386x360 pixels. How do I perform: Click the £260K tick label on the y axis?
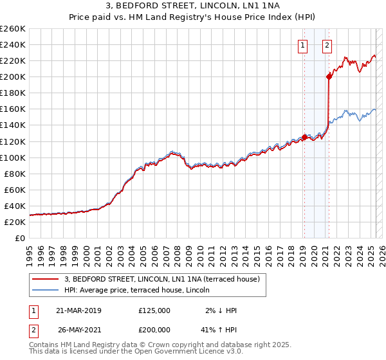pos(13,29)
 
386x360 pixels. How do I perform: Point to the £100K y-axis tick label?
pos(13,157)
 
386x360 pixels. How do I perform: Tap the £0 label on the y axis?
pos(20,238)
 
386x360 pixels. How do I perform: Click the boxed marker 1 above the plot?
pos(302,45)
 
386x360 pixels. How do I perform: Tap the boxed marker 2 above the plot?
pos(327,45)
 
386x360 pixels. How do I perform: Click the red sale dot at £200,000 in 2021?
pos(329,76)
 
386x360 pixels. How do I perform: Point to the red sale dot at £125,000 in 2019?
pos(304,137)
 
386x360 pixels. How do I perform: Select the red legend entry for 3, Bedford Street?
pos(161,279)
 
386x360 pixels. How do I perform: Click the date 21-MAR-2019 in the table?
pos(78,310)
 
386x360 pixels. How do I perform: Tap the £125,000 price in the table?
pos(154,310)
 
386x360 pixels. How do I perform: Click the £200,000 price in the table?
pos(154,328)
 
